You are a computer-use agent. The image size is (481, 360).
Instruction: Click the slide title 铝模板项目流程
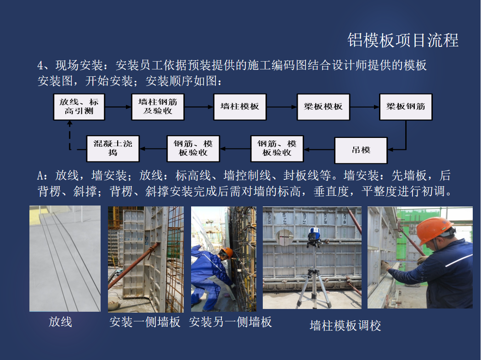point(403,40)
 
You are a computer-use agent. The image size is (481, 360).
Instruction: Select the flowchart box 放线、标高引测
point(79,107)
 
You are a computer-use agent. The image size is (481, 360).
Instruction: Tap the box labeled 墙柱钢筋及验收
point(158,107)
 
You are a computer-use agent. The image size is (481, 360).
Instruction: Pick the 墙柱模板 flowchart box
point(240,107)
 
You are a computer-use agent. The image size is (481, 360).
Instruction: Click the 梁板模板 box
point(323,107)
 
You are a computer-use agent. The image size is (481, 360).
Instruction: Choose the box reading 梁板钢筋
point(406,107)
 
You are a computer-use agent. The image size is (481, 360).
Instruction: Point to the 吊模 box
point(361,150)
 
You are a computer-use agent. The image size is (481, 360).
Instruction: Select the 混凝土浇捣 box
point(113,149)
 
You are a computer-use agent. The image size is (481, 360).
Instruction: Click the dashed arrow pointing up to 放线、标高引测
point(70,135)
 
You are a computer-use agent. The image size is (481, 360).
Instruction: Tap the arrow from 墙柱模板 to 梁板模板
point(282,107)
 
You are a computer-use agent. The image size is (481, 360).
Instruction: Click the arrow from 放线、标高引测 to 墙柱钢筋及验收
point(118,107)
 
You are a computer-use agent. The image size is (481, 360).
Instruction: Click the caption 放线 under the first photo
point(61,322)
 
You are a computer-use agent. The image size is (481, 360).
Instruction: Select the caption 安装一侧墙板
point(145,322)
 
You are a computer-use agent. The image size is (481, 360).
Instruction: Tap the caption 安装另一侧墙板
point(230,322)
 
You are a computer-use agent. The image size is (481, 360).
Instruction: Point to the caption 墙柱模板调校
point(345,326)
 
